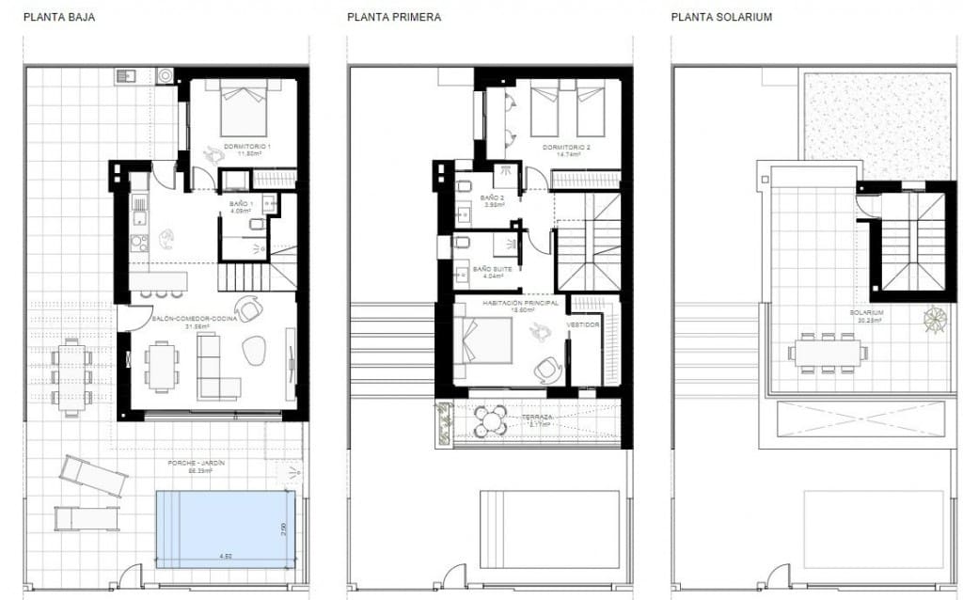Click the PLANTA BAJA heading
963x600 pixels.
click(58, 17)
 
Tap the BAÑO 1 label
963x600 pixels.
click(241, 203)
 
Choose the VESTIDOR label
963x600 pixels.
click(583, 324)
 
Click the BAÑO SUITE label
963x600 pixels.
click(493, 268)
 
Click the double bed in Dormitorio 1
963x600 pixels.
click(245, 111)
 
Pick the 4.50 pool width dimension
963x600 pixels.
click(226, 557)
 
